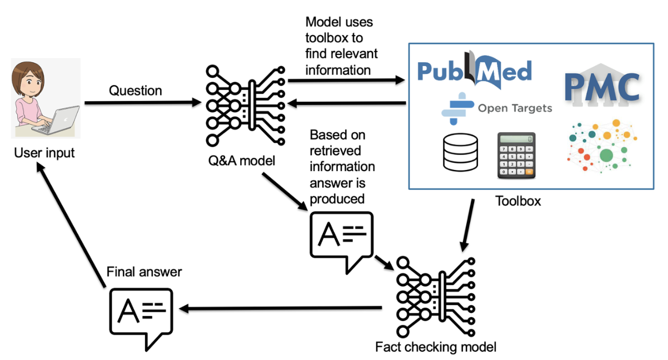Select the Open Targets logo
tap(497, 108)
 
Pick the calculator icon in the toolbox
tap(516, 155)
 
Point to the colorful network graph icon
tap(602, 147)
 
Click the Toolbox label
tap(518, 201)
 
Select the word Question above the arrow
tap(135, 91)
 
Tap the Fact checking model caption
tap(435, 348)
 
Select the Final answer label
tap(144, 272)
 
